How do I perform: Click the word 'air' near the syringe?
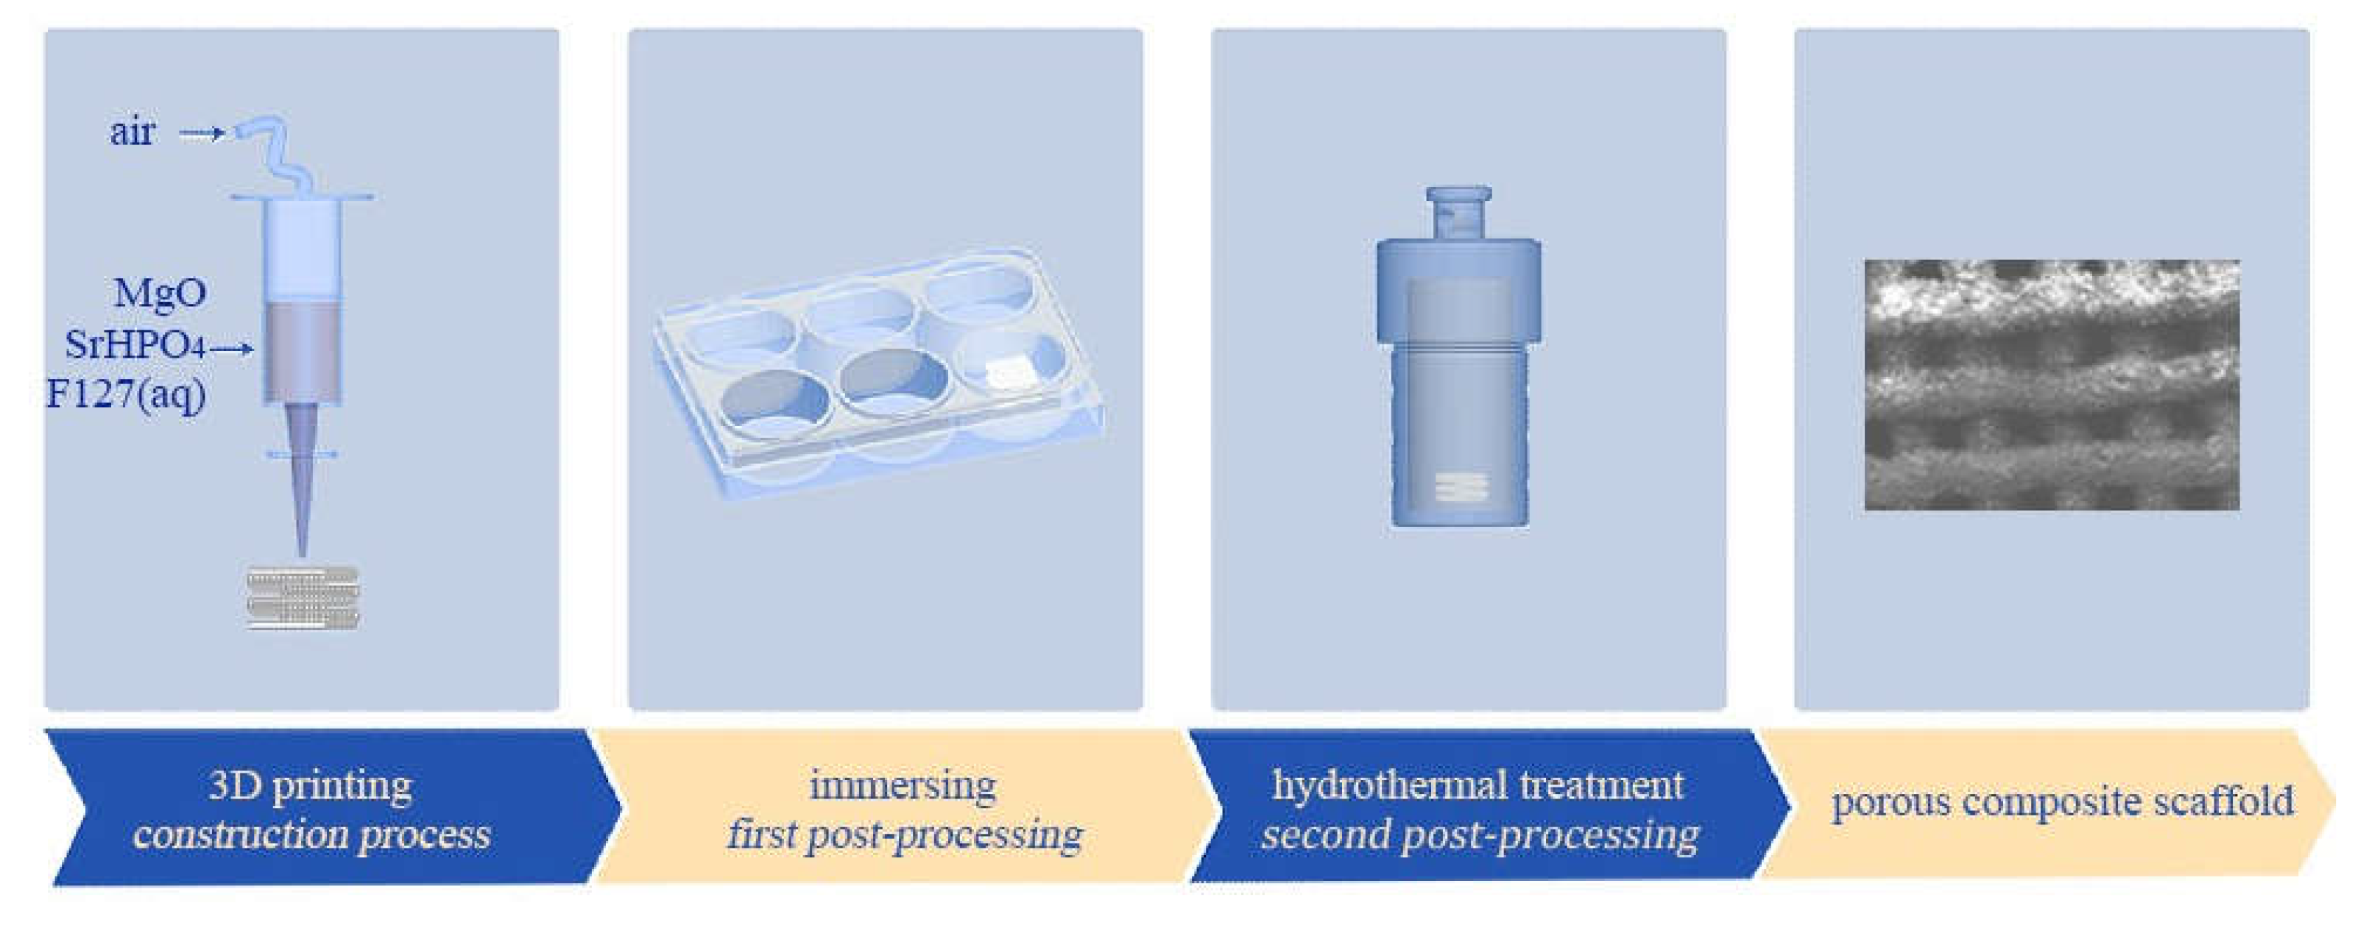(x=133, y=132)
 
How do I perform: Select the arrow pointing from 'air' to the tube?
(x=202, y=133)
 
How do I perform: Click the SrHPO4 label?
(x=134, y=345)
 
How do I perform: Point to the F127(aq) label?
(x=126, y=395)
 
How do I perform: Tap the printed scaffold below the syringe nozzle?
(x=303, y=598)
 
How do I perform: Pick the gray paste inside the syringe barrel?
(x=303, y=353)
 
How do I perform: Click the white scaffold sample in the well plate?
(x=1011, y=369)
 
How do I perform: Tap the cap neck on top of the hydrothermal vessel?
(x=1458, y=213)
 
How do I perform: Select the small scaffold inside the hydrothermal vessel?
(x=1461, y=487)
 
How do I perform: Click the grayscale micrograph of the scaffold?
(x=2052, y=384)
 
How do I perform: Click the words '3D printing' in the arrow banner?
(x=311, y=785)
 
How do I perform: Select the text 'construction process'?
(x=311, y=835)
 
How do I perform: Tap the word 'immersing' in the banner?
(x=903, y=785)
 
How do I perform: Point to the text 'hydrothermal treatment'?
(x=1478, y=784)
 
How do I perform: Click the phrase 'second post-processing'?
(x=1480, y=835)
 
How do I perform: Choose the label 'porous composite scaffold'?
(x=2063, y=802)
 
